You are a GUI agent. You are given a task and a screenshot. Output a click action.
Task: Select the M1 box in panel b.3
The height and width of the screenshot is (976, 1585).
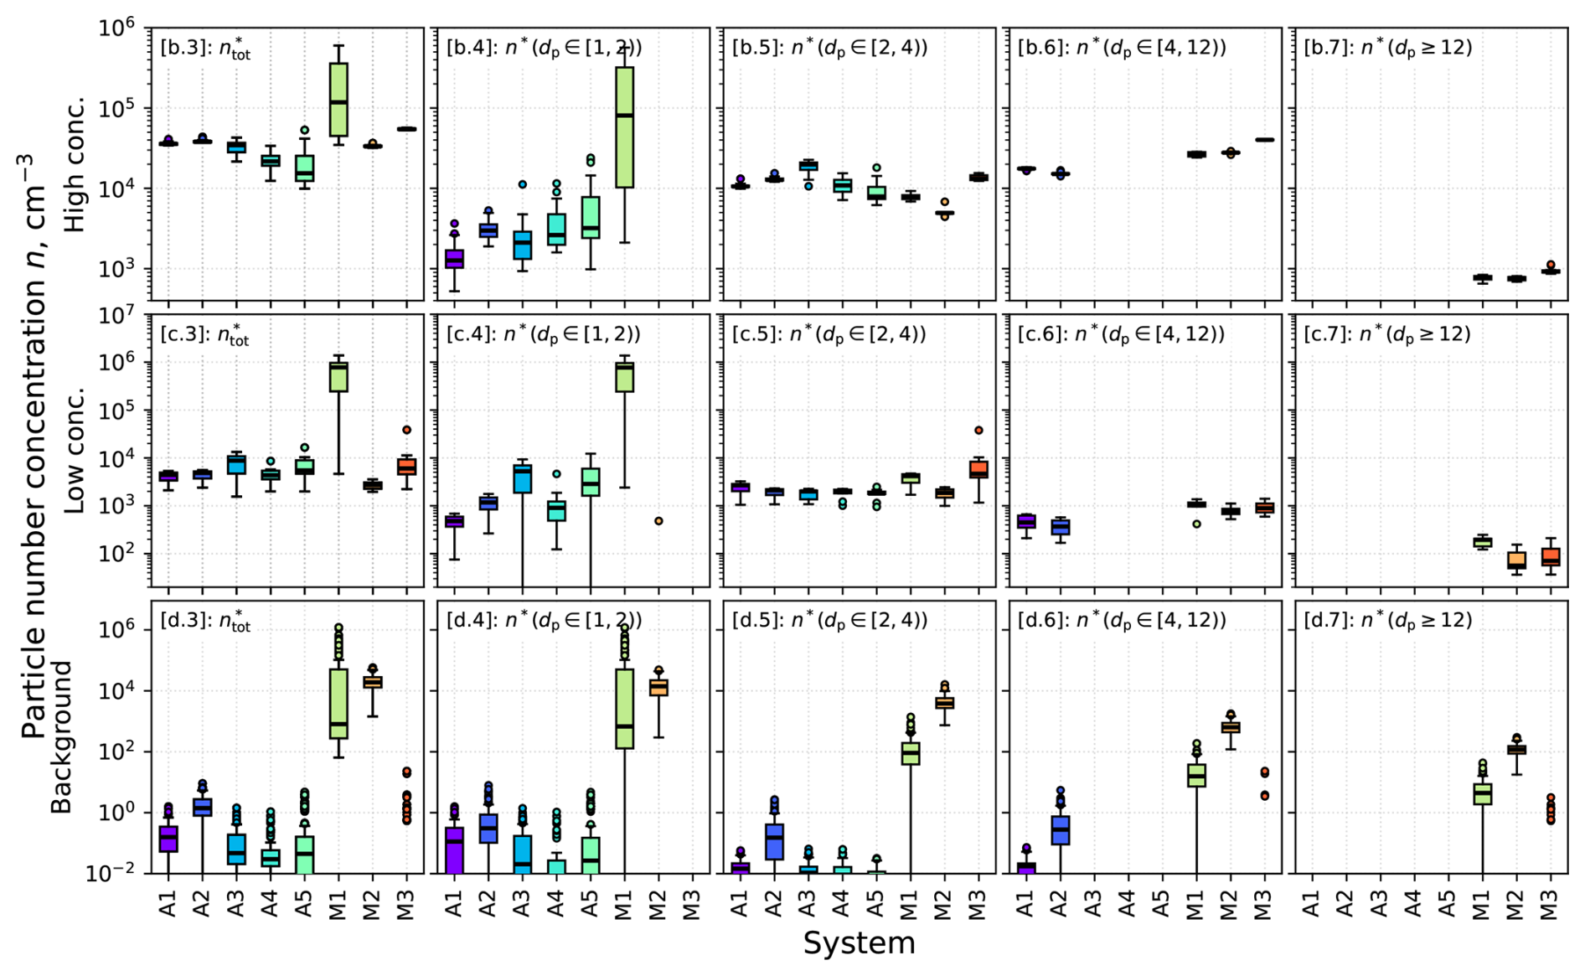pos(338,99)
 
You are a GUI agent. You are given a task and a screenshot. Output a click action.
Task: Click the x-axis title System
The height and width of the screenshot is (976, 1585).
pos(859,943)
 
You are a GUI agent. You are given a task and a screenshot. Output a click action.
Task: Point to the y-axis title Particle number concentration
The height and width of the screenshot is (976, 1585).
pos(34,444)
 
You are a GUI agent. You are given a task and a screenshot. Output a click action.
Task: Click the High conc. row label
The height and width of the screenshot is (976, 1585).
pos(75,163)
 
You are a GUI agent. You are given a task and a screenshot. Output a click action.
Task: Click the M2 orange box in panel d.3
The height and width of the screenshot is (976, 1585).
pos(373,682)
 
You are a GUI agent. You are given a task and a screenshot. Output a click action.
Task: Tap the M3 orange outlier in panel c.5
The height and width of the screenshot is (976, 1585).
pos(978,431)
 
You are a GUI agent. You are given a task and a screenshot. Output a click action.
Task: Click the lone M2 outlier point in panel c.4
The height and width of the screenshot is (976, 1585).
pos(658,521)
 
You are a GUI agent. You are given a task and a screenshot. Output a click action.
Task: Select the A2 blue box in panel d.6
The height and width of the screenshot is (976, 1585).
pos(1061,829)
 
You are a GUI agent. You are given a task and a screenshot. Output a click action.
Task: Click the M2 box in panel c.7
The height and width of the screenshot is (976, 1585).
pos(1516,560)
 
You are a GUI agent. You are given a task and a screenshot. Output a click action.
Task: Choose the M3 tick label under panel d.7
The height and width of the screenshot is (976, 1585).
pos(1551,904)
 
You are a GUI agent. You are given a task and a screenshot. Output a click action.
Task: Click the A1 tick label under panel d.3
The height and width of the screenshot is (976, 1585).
pos(168,904)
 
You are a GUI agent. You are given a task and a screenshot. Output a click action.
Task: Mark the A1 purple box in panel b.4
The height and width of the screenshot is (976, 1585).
pos(454,259)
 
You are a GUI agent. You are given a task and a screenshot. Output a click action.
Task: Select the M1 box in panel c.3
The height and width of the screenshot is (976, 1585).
pos(338,376)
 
